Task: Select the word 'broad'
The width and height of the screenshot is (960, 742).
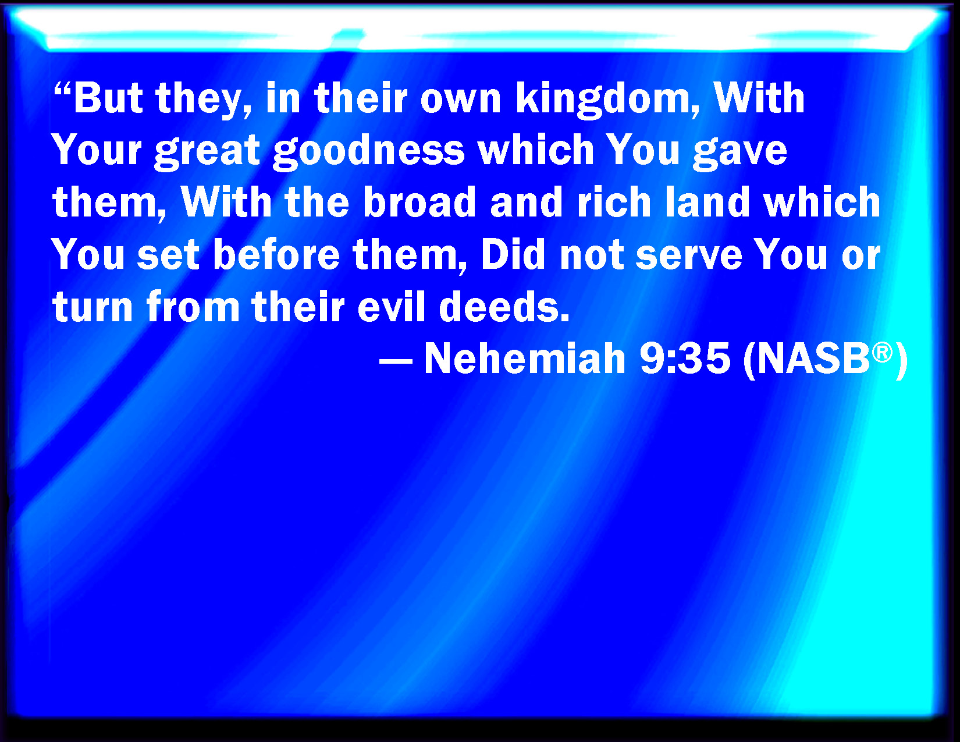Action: (x=419, y=202)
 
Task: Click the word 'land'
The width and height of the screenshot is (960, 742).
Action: (x=707, y=202)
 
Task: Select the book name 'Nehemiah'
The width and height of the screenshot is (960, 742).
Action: (x=525, y=358)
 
